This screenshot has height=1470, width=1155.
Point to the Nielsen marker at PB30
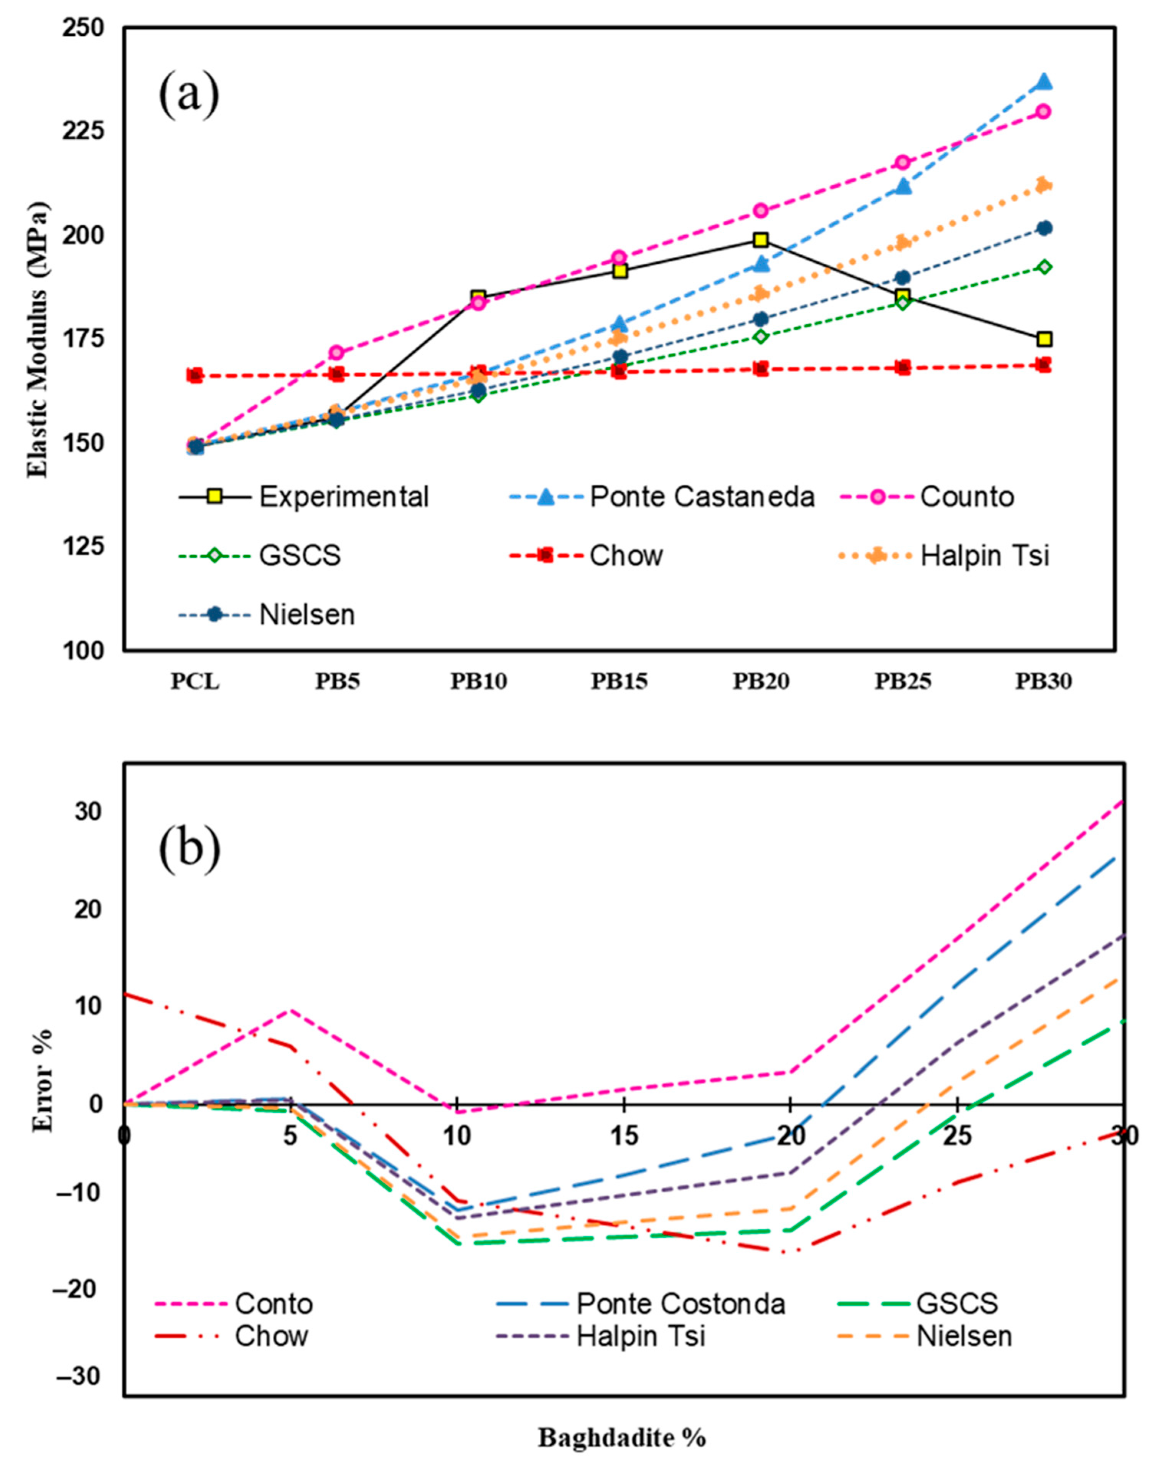(1043, 228)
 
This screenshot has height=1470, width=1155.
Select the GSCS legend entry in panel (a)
(300, 556)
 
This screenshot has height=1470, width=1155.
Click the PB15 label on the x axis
(620, 682)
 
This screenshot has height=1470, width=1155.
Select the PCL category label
(195, 682)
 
